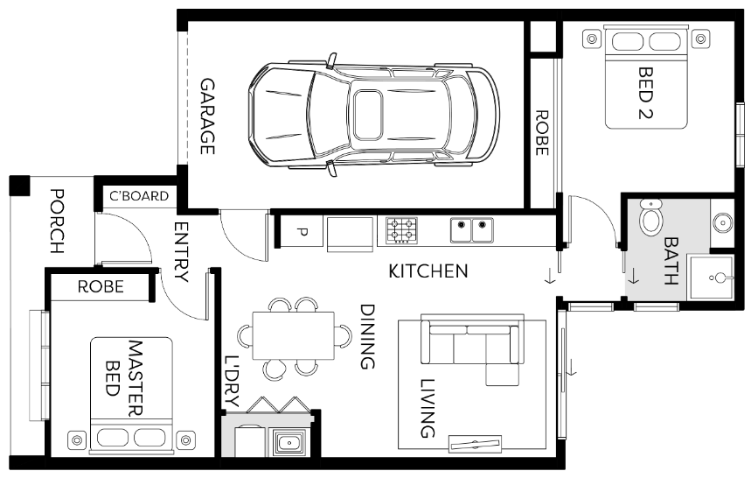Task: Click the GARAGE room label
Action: (207, 116)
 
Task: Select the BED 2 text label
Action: (647, 93)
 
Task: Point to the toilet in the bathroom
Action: (651, 219)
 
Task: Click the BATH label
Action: (671, 262)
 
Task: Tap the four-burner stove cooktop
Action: (401, 231)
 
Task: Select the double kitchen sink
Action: (472, 230)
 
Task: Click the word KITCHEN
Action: (428, 271)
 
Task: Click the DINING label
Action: (367, 336)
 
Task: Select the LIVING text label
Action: (428, 408)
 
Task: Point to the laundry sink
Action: (289, 442)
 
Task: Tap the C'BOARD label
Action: (138, 196)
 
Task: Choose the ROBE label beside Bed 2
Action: (541, 132)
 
